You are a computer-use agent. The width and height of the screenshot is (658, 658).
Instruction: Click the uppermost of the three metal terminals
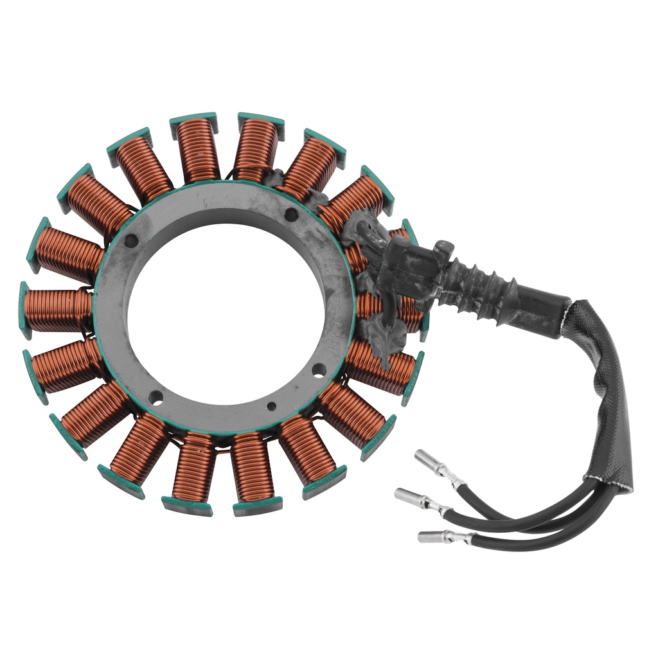[x=429, y=462]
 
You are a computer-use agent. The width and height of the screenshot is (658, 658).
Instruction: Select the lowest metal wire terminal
[x=434, y=536]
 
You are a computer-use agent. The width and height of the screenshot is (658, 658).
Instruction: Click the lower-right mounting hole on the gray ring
[x=318, y=369]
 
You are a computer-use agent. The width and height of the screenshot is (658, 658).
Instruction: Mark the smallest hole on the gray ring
[x=272, y=406]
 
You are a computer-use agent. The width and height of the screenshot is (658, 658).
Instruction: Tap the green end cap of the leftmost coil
[x=24, y=310]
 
